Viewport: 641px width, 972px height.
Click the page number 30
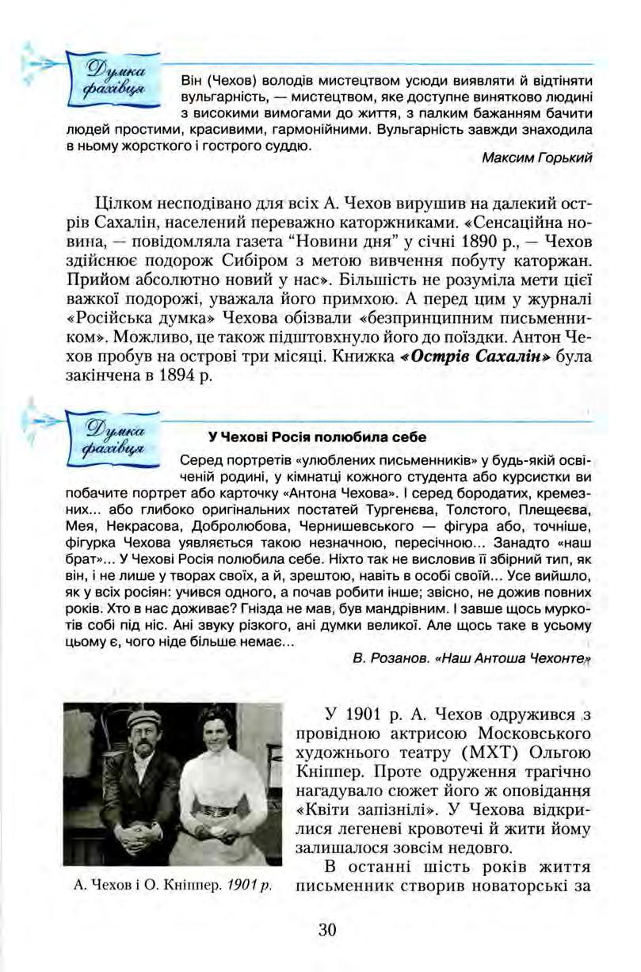327,929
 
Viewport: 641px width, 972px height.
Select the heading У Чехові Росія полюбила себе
317,436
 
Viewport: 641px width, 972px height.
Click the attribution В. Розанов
381,659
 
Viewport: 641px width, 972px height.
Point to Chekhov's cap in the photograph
143,718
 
